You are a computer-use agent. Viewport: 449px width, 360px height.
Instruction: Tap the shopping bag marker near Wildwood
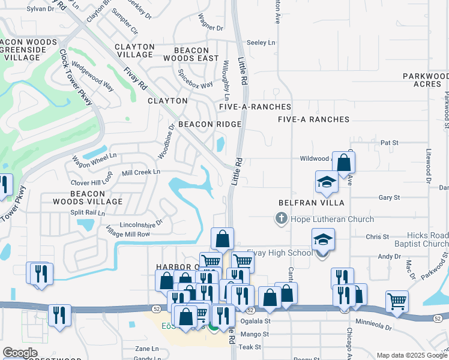343,162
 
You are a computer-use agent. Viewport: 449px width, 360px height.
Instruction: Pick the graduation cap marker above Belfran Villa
327,182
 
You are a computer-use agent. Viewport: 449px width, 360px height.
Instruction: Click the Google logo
20,353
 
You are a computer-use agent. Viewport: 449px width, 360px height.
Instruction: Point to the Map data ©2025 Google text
412,355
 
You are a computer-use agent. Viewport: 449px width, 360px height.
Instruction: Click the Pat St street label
390,143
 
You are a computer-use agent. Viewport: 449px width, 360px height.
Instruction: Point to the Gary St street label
388,197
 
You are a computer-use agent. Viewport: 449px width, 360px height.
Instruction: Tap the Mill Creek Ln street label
141,172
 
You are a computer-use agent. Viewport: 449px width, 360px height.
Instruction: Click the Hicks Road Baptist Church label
427,240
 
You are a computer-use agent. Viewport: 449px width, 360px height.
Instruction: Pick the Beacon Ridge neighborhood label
209,124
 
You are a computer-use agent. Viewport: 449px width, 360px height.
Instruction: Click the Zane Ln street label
147,348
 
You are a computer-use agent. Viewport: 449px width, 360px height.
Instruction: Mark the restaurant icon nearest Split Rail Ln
41,274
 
